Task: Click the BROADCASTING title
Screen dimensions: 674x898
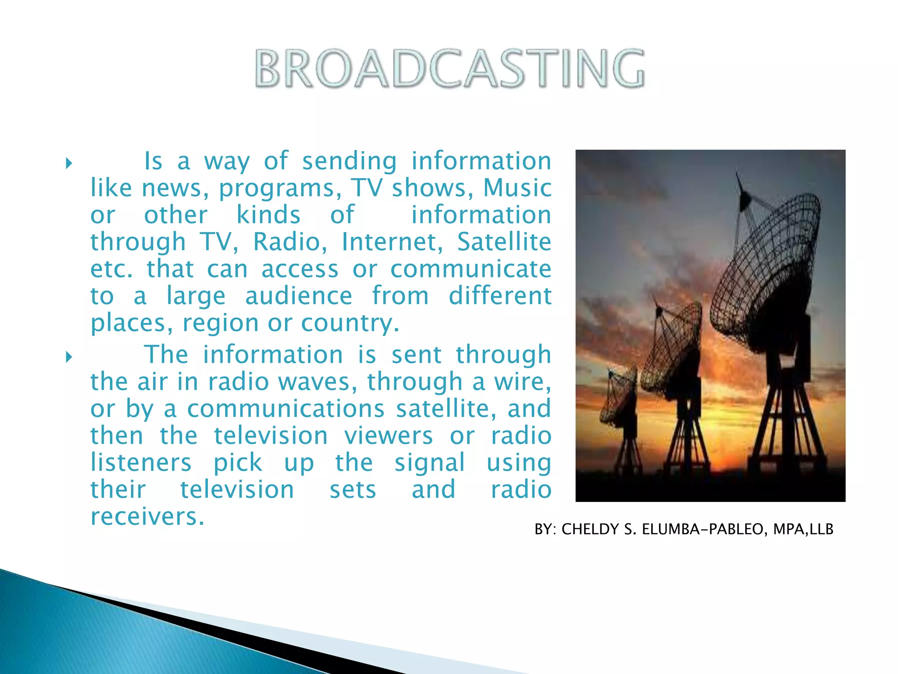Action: pyautogui.click(x=449, y=68)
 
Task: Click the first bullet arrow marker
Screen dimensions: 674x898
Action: pyautogui.click(x=68, y=164)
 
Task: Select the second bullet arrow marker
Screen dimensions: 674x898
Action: pyautogui.click(x=68, y=357)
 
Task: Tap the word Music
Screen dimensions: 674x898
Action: pyautogui.click(x=517, y=188)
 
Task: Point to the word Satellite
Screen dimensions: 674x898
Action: pyautogui.click(x=504, y=242)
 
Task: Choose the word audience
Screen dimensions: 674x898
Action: pyautogui.click(x=299, y=296)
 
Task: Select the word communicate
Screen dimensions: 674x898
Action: pyautogui.click(x=470, y=269)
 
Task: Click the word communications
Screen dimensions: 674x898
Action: pyautogui.click(x=286, y=409)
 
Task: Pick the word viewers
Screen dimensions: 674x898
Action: pyautogui.click(x=388, y=436)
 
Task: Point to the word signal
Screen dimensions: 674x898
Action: pyautogui.click(x=430, y=463)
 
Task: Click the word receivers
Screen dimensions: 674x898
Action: pyautogui.click(x=147, y=516)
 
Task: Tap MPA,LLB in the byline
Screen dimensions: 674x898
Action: pyautogui.click(x=803, y=530)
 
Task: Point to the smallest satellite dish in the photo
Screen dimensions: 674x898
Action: pyautogui.click(x=618, y=397)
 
